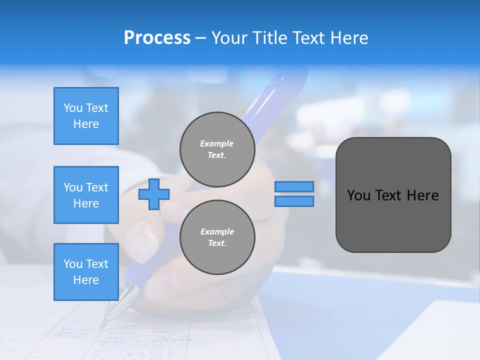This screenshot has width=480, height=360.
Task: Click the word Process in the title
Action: click(x=157, y=38)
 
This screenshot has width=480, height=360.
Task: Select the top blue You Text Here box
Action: click(x=86, y=116)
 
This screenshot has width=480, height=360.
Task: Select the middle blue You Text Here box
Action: click(x=86, y=195)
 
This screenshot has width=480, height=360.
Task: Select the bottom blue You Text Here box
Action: click(x=86, y=272)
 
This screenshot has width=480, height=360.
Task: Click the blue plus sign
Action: click(x=154, y=194)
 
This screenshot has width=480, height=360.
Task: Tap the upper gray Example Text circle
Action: click(x=217, y=149)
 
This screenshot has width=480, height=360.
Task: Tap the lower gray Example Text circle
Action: click(x=217, y=237)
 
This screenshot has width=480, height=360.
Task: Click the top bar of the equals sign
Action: click(x=294, y=186)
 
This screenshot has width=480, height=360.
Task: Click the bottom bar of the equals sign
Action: click(x=294, y=201)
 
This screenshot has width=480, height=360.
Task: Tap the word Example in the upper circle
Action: click(x=217, y=143)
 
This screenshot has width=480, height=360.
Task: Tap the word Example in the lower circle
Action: click(x=217, y=231)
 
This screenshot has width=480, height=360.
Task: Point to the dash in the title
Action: click(x=200, y=38)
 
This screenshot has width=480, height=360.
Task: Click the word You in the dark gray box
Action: click(x=358, y=195)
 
